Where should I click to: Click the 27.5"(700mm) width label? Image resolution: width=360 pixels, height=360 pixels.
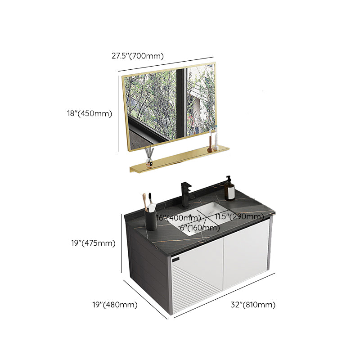pos(137,56)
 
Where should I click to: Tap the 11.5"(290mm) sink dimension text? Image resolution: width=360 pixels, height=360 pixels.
pos(239,217)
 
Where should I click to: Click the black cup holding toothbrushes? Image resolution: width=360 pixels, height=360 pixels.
pos(151,219)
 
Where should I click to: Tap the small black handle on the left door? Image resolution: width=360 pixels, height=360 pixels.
pos(176,261)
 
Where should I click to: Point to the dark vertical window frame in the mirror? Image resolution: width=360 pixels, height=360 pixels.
pos(181,103)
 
